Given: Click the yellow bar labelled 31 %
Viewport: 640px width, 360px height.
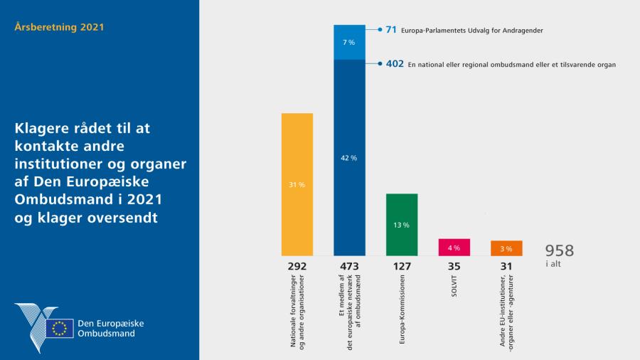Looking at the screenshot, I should pyautogui.click(x=297, y=184).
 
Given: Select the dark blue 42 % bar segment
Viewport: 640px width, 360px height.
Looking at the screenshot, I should pyautogui.click(x=349, y=157).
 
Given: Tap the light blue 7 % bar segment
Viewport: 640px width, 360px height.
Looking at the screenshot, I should pyautogui.click(x=349, y=43).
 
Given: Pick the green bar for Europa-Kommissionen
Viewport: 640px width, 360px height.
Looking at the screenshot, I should pyautogui.click(x=402, y=225).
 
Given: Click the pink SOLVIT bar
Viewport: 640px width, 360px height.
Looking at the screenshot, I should pyautogui.click(x=454, y=248).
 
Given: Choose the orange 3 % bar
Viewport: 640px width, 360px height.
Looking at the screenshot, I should pyautogui.click(x=506, y=248).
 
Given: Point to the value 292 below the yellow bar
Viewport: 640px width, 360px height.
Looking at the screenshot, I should pyautogui.click(x=297, y=267).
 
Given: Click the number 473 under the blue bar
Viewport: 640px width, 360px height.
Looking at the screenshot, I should pyautogui.click(x=349, y=267).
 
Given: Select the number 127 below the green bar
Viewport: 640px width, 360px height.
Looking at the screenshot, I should pyautogui.click(x=402, y=267).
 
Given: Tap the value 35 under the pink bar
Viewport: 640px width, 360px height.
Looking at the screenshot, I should pyautogui.click(x=454, y=267).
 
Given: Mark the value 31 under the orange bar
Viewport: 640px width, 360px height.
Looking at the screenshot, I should pyautogui.click(x=506, y=267).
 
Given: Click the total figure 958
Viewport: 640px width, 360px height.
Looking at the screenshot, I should pyautogui.click(x=559, y=250).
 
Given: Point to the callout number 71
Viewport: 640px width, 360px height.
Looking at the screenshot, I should pyautogui.click(x=390, y=30).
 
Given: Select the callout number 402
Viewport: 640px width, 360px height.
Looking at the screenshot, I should pyautogui.click(x=395, y=64).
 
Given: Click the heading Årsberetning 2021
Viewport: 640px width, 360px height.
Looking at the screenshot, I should pyautogui.click(x=60, y=28).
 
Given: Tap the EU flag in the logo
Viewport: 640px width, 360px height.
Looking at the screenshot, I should pyautogui.click(x=60, y=328).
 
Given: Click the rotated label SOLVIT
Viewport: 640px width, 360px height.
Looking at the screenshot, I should pyautogui.click(x=454, y=293).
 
